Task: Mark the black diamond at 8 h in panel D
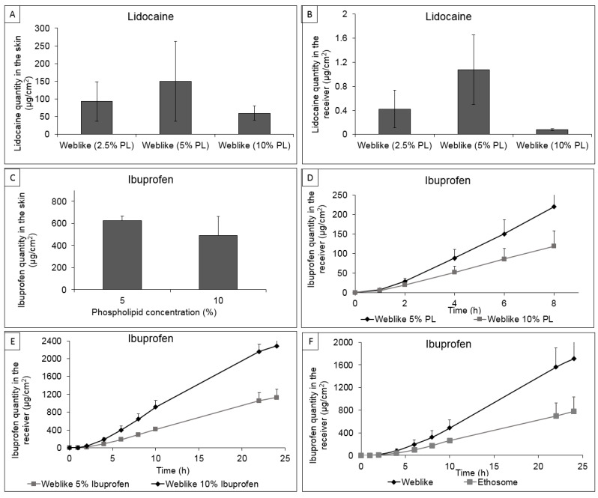point(554,207)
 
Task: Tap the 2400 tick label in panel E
point(46,341)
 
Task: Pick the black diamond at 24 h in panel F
point(573,359)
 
